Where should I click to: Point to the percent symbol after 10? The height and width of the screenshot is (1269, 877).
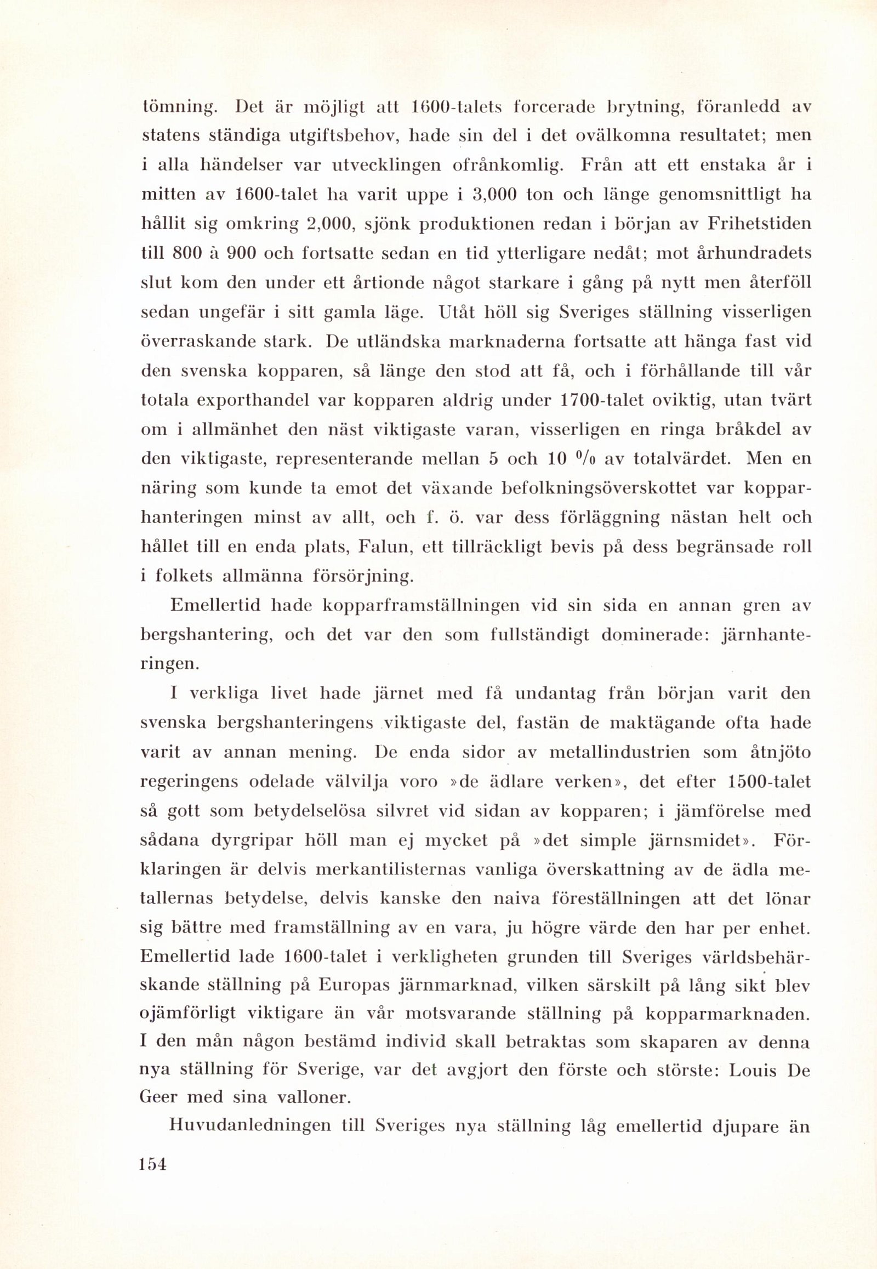pos(587,458)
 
